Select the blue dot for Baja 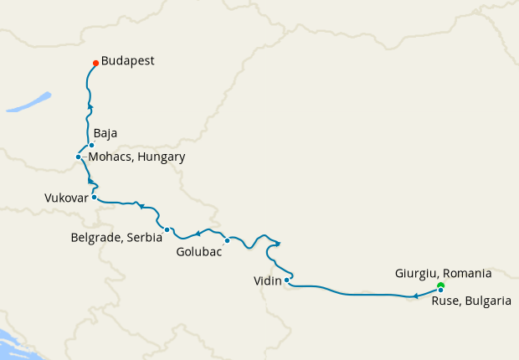pos(91,145)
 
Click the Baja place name pos(105,133)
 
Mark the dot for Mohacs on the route pos(78,157)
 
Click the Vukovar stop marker pos(95,198)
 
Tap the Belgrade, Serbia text pos(116,238)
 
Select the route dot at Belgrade pos(167,229)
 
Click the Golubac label pos(199,251)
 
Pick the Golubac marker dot pos(227,241)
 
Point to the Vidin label pos(267,281)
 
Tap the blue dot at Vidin pos(287,280)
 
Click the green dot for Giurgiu pos(440,285)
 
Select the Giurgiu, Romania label pos(443,273)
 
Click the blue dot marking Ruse pos(440,291)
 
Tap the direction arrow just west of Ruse pos(416,296)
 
